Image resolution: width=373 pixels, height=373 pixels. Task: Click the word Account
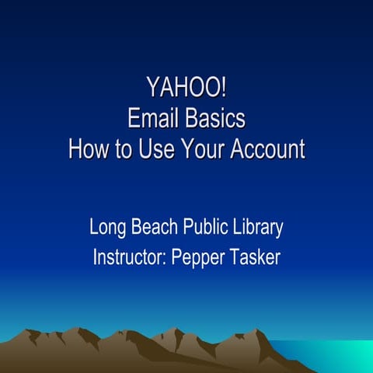click(x=269, y=148)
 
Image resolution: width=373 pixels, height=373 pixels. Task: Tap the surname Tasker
click(x=257, y=256)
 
